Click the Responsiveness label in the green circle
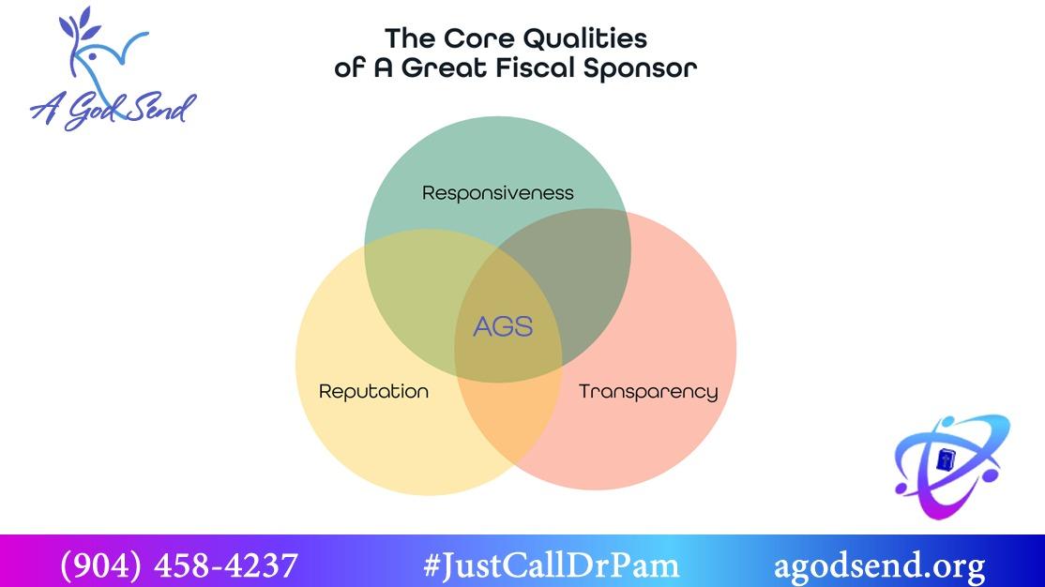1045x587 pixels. (497, 193)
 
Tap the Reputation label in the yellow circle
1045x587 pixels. (373, 391)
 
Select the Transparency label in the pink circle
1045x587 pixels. (647, 391)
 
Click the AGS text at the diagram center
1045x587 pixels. (503, 326)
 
